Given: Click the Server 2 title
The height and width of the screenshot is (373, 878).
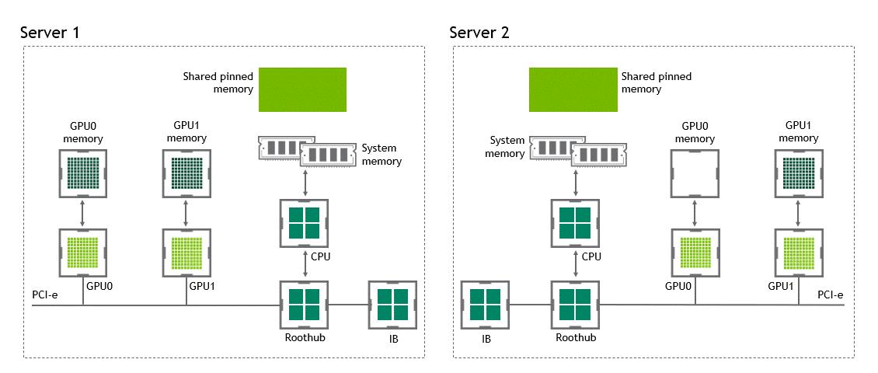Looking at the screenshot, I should click(x=479, y=33).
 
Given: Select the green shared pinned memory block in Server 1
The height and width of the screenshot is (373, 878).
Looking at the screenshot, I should click(x=302, y=89).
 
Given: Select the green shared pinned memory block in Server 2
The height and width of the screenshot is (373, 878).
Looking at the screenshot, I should click(x=573, y=89).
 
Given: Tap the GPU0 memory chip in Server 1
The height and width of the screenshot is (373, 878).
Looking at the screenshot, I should click(x=83, y=173).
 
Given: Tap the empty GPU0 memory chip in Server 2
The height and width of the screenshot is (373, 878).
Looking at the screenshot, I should click(x=694, y=173).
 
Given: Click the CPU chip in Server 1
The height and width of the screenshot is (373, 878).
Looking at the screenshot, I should click(x=303, y=222).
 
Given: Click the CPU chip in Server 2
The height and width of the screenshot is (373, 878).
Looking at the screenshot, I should click(x=575, y=222).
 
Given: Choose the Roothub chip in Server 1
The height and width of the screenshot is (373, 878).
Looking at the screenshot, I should click(x=303, y=305).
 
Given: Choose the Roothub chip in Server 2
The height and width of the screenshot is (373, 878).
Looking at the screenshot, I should click(x=575, y=305).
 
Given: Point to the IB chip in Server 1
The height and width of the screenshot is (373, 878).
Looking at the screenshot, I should click(x=392, y=305).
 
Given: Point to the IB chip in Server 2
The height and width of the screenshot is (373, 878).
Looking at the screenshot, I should click(x=485, y=305).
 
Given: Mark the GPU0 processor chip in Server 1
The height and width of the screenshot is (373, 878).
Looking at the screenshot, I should click(x=83, y=253).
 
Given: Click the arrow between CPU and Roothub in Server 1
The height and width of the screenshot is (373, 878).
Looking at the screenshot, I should click(x=303, y=264).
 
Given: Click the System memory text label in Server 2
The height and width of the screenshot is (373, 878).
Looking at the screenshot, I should click(x=507, y=147).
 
